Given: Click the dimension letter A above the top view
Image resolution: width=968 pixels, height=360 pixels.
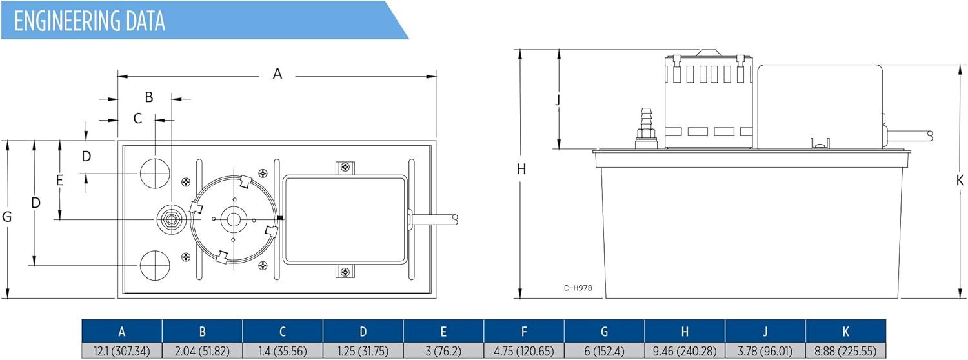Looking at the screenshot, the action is point(277,74).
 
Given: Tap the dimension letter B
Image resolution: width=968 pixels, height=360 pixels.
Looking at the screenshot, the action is point(149,97).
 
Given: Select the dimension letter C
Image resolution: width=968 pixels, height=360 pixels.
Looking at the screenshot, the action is point(138,119).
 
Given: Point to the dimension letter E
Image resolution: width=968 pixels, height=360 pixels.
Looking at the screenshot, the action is point(59,180).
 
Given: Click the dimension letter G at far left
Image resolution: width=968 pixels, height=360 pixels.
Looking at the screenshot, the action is point(7,217).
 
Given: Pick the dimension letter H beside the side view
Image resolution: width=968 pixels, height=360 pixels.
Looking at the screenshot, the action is point(521,169).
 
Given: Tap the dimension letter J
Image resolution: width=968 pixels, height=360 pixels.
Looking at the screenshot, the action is point(558,100).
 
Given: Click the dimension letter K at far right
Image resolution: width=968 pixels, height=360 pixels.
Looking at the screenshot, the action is point(960,180).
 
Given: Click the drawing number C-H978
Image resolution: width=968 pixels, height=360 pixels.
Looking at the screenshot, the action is point(578,288).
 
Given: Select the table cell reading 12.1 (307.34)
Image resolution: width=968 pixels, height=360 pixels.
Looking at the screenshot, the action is point(122,351).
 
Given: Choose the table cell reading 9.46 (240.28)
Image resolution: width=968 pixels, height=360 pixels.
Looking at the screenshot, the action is point(685,351).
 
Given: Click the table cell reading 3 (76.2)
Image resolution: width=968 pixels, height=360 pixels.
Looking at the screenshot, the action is point(443,351).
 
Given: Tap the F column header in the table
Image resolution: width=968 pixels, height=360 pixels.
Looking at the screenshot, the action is point(524,332).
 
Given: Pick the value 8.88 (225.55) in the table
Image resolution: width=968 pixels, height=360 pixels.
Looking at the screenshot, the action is point(845,351).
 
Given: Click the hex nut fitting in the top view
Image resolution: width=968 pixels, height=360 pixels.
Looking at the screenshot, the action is point(172,219).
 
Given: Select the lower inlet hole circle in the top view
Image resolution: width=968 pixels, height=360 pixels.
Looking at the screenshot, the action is point(155,265).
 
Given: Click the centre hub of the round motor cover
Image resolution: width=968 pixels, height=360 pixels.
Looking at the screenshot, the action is point(234,219).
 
